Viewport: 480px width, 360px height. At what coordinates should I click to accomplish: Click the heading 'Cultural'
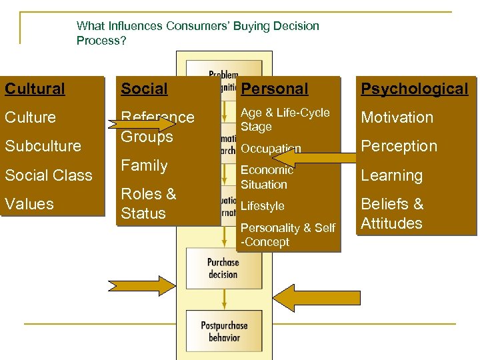pyautogui.click(x=35, y=89)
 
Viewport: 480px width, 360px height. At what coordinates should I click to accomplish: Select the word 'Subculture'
pyautogui.click(x=43, y=146)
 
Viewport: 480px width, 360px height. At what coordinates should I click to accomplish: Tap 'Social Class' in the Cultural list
pyautogui.click(x=49, y=175)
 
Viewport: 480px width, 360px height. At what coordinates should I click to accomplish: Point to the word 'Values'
pyautogui.click(x=30, y=204)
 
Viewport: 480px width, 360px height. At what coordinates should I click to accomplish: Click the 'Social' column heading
pyautogui.click(x=144, y=89)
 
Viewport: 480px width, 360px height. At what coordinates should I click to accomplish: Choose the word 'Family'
pyautogui.click(x=144, y=165)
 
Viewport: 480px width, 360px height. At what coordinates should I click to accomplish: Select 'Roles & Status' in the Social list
pyautogui.click(x=148, y=203)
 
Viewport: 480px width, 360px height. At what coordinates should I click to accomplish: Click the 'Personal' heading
pyautogui.click(x=275, y=89)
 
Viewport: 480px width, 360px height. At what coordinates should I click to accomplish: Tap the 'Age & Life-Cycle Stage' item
pyautogui.click(x=285, y=119)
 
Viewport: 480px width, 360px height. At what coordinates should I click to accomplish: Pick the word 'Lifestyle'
pyautogui.click(x=263, y=207)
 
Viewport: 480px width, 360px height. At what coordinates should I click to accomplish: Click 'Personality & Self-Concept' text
pyautogui.click(x=287, y=235)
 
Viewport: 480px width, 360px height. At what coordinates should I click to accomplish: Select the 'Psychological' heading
pyautogui.click(x=415, y=89)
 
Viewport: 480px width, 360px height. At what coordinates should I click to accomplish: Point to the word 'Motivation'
pyautogui.click(x=397, y=117)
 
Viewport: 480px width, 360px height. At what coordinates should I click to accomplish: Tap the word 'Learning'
pyautogui.click(x=392, y=175)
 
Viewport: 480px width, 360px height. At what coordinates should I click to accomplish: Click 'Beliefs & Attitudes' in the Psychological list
pyautogui.click(x=392, y=213)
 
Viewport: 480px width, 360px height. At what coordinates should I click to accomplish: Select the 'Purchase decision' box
pyautogui.click(x=223, y=268)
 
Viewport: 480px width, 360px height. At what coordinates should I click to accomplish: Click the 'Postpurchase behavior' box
pyautogui.click(x=224, y=331)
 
